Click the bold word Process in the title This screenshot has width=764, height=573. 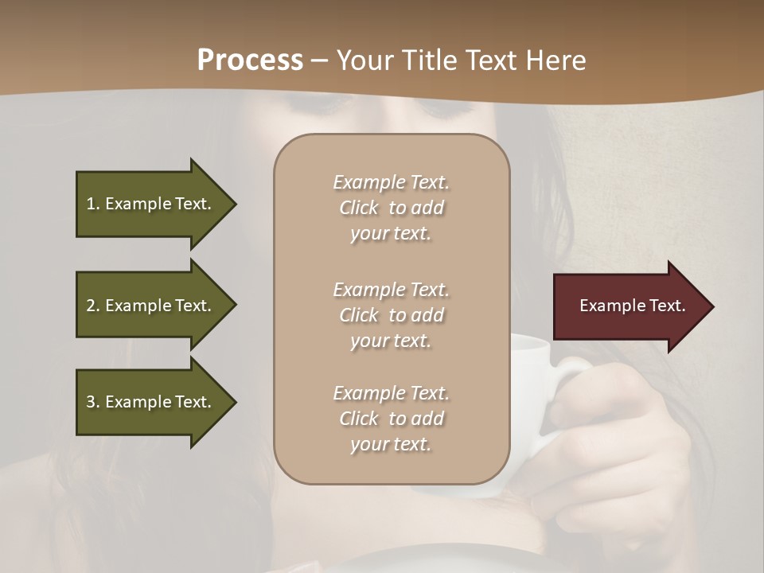coord(250,60)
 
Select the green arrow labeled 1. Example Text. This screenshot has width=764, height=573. coord(151,204)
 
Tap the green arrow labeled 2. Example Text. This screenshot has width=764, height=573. coord(151,306)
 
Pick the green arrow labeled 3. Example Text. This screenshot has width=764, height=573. coord(151,402)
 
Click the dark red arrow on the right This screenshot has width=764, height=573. coord(629,306)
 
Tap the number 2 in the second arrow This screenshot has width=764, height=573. coord(90,306)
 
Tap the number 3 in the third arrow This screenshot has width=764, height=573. coord(90,402)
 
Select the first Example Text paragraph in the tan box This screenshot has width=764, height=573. coord(391,208)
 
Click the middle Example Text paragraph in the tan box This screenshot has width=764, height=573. coord(391,315)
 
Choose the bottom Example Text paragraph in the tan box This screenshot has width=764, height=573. coord(391,419)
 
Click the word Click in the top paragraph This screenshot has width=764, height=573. coord(358,209)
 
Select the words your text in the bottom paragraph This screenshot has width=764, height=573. coord(391,445)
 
